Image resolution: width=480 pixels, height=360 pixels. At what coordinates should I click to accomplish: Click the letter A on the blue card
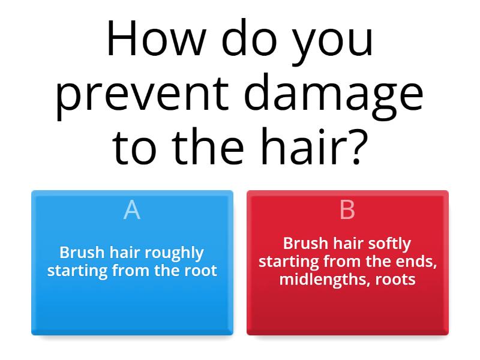click(x=132, y=210)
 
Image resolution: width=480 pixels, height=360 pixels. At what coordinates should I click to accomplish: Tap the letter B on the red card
click(x=347, y=210)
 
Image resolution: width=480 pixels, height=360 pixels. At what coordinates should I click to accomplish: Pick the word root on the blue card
click(x=201, y=270)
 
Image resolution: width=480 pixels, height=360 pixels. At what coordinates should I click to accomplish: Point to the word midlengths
click(x=319, y=280)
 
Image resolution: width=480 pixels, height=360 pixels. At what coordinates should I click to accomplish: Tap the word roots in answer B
click(x=395, y=280)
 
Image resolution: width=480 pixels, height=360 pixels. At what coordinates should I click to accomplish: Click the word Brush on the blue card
click(x=79, y=253)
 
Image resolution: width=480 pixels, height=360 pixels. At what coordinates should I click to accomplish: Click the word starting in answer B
click(x=289, y=262)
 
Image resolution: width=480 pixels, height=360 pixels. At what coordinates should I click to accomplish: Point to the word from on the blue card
click(x=128, y=270)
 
